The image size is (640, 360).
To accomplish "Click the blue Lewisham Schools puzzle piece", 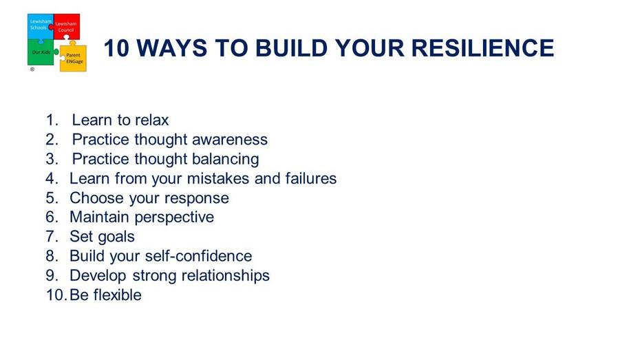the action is point(40,26).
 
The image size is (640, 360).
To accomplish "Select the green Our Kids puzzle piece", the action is point(41,52).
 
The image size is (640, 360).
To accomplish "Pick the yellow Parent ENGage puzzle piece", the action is point(74,58).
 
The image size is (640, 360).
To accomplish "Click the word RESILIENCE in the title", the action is point(482,48).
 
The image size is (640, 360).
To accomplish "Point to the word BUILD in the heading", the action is point(291,48).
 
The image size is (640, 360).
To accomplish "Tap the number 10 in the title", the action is point(116,48).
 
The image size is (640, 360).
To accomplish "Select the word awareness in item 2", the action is point(230,140).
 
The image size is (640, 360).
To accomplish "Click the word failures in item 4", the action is point(311,178).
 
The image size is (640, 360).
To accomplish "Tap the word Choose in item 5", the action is point(97,198).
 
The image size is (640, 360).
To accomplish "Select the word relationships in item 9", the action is point(225,276).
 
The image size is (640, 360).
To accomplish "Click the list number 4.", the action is point(52,178).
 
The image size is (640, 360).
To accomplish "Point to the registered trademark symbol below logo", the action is point(32,70).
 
